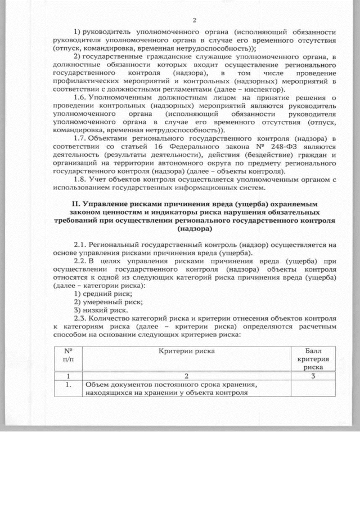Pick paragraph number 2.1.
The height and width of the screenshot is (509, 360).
(x=82, y=245)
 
